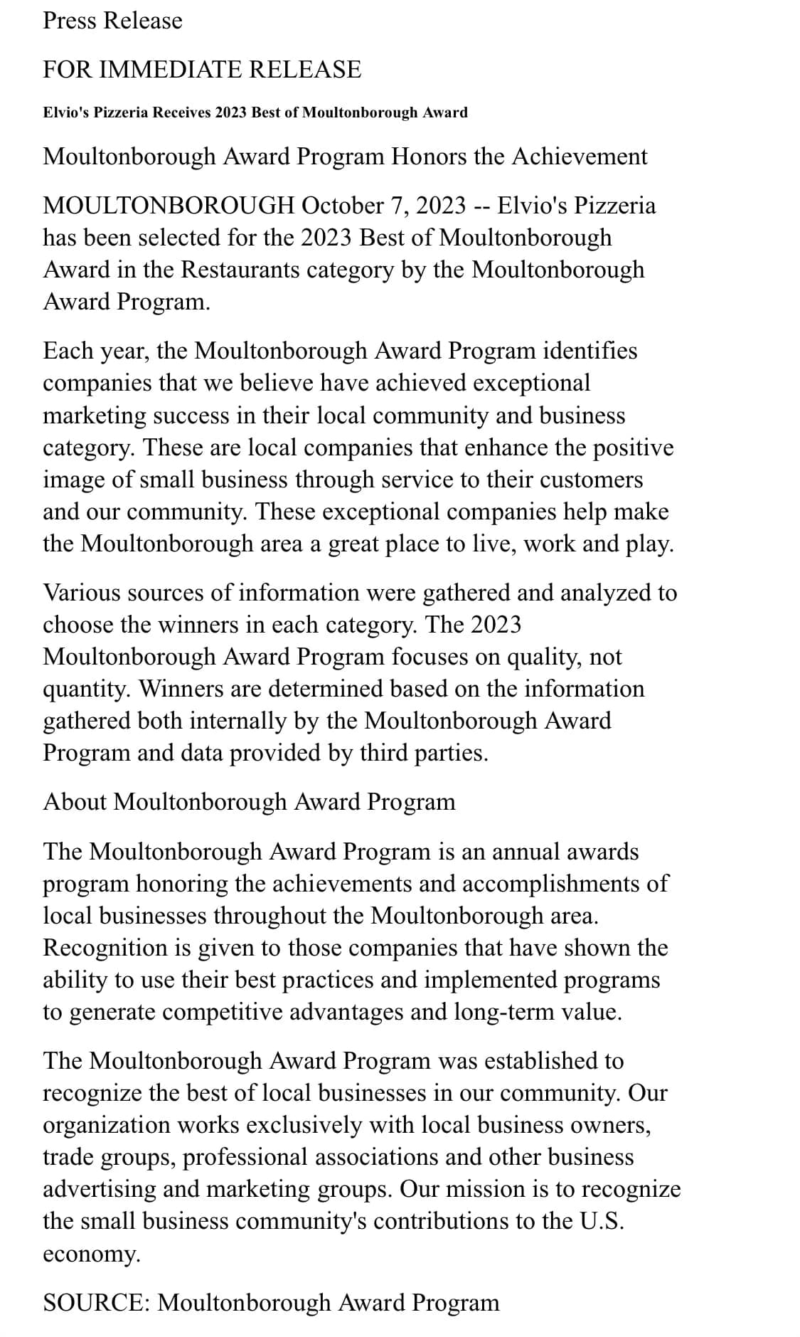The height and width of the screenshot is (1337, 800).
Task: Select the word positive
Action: [x=633, y=448]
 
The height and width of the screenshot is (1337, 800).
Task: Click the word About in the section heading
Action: [x=75, y=802]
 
